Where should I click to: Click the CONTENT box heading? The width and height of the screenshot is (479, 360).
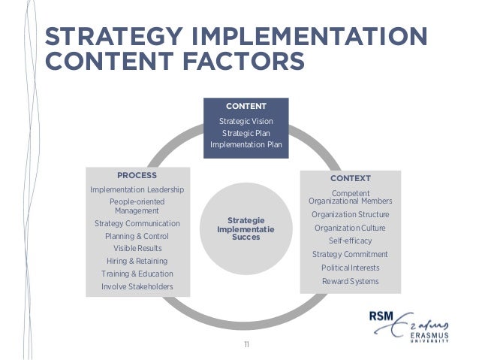(x=246, y=106)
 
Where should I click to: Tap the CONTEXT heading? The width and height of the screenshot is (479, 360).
(x=350, y=179)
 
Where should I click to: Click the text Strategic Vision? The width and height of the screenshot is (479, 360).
(x=246, y=121)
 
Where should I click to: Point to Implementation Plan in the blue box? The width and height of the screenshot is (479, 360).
(x=246, y=145)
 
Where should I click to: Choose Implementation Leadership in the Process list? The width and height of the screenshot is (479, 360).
(x=137, y=189)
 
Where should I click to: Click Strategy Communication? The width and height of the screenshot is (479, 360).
(x=137, y=224)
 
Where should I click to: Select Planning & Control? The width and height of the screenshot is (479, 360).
(x=137, y=236)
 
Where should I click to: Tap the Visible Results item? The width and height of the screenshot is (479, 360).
(x=137, y=248)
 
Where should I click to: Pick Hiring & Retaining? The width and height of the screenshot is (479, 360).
(x=137, y=261)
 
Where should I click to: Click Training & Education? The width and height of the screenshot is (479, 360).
(x=137, y=274)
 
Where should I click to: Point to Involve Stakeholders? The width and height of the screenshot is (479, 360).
(x=137, y=286)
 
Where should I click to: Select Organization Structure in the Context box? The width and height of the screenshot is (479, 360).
(x=350, y=214)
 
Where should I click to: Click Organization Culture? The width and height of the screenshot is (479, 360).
(x=350, y=228)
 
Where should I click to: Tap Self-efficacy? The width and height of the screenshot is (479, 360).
(x=350, y=241)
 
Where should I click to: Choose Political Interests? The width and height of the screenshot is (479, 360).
(x=350, y=268)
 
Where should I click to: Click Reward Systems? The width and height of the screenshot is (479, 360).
(x=350, y=281)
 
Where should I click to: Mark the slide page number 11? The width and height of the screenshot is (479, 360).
(x=246, y=344)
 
